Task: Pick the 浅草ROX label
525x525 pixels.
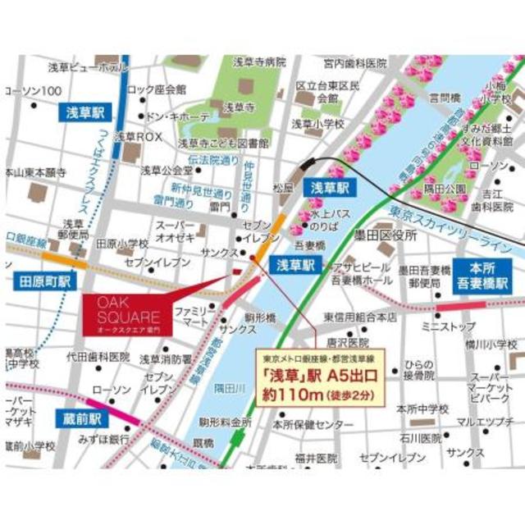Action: [139, 137]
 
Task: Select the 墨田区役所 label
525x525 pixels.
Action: [385, 235]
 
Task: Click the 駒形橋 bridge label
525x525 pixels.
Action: [259, 316]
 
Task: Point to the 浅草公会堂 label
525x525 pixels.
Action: [167, 171]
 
